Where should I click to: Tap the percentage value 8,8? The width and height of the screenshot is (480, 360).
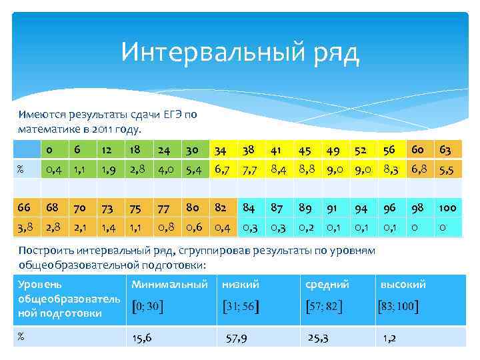pos(306,171)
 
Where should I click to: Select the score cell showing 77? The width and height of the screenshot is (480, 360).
pos(164,208)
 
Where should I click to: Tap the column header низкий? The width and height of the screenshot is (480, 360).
pos(241,285)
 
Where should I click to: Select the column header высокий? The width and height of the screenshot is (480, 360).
pos(403,285)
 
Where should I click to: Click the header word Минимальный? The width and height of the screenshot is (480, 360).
pos(169,285)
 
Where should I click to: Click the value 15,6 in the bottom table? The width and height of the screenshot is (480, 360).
pos(142,338)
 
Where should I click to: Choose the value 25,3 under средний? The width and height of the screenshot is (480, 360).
pos(318,338)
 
